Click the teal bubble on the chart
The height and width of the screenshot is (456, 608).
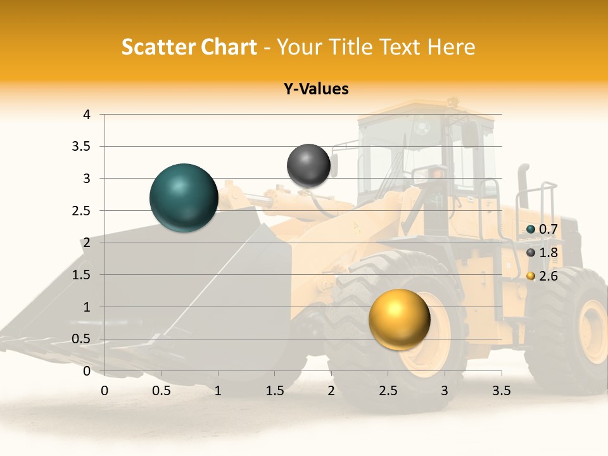(184, 198)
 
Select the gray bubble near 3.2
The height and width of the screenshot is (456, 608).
(308, 165)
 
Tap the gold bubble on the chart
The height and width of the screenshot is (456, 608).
(399, 319)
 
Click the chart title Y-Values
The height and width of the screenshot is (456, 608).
(315, 89)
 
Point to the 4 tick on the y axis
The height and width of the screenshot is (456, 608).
(87, 115)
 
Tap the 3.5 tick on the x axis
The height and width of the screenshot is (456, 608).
(501, 391)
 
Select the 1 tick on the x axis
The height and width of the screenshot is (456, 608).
(218, 391)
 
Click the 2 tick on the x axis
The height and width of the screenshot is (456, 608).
(331, 391)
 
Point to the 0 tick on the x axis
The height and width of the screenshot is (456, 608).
(104, 391)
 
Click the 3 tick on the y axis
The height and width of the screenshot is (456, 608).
(87, 179)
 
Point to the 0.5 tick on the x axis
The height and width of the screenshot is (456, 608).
(161, 391)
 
